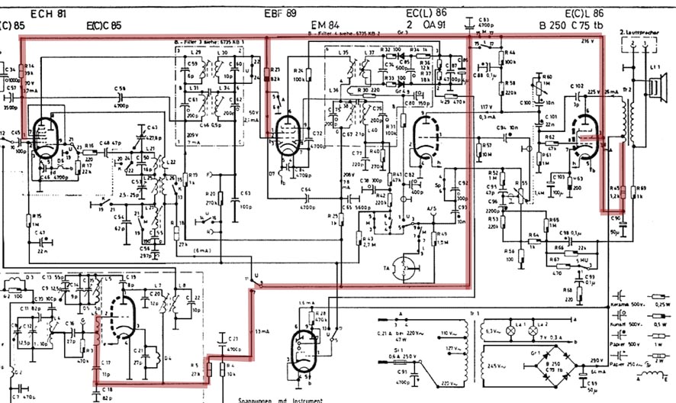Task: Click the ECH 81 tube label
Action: [x=47, y=14]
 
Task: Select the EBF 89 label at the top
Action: [x=280, y=14]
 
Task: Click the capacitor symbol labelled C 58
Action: [x=121, y=98]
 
